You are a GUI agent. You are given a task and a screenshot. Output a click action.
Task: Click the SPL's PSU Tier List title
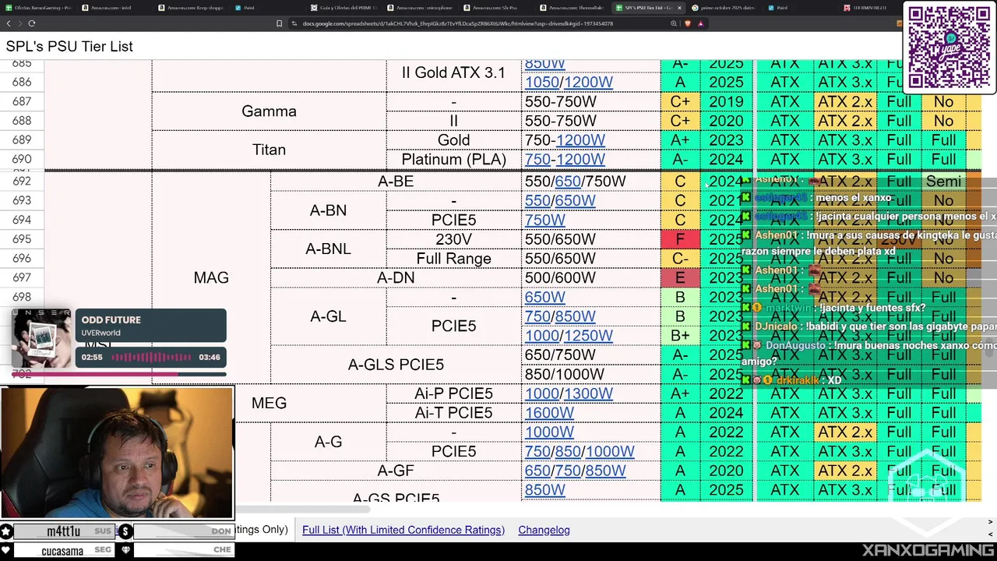(x=69, y=47)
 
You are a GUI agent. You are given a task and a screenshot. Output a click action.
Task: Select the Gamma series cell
(x=269, y=111)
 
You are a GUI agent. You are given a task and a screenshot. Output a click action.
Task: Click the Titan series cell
(x=269, y=150)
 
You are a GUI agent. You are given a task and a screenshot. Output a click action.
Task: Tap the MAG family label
(x=210, y=277)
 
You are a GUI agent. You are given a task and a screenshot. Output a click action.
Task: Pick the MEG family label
(x=269, y=403)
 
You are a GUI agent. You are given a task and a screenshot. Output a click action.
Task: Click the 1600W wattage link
(x=549, y=413)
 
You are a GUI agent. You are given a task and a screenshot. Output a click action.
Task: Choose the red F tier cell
(x=680, y=239)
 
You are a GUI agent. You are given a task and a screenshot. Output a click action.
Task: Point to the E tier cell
(x=680, y=277)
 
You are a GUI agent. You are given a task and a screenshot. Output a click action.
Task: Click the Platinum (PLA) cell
(x=453, y=159)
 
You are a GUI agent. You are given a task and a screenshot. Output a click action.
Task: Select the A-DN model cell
(x=396, y=277)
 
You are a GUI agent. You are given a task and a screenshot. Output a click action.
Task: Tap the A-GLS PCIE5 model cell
(x=396, y=365)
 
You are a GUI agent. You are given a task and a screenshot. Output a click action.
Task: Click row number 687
(x=22, y=101)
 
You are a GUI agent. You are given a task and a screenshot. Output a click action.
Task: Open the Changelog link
(x=544, y=530)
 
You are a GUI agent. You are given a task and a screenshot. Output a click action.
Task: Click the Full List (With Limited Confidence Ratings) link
(x=403, y=530)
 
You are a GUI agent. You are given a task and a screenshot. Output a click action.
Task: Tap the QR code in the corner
(x=948, y=47)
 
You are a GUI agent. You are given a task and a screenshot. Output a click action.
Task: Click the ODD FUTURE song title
(x=111, y=320)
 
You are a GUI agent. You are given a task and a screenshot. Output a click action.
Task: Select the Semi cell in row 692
(x=943, y=182)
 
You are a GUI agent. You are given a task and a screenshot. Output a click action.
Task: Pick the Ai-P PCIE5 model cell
(x=453, y=393)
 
